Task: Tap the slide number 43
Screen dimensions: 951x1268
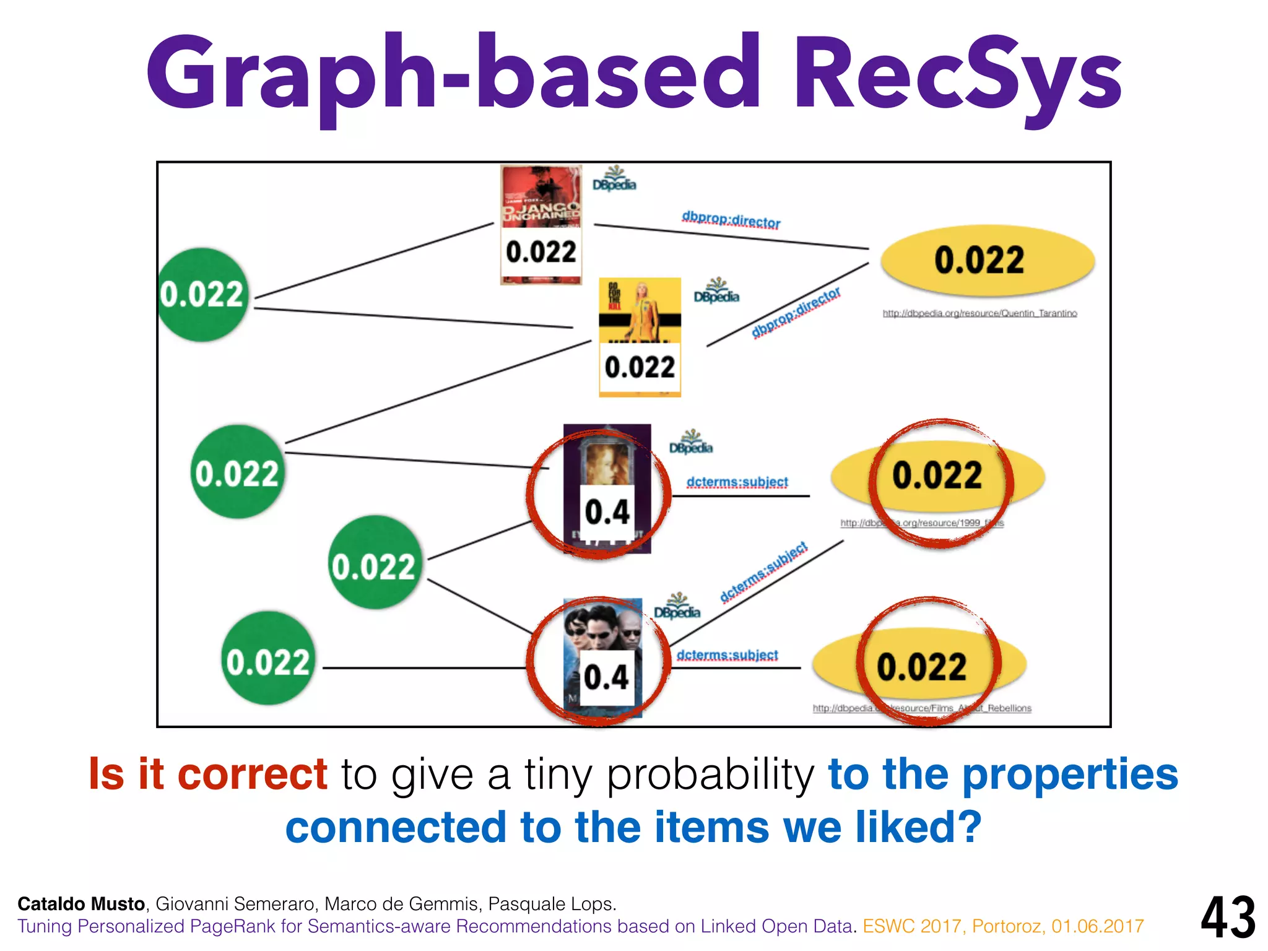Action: tap(1228, 917)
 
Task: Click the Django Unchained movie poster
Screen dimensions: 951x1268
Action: tap(541, 198)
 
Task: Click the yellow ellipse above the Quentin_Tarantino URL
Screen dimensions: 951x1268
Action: tap(988, 260)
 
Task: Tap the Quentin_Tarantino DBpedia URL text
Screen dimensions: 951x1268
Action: tap(979, 313)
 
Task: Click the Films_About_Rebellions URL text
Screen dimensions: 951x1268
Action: tap(922, 708)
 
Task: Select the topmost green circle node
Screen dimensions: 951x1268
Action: tap(202, 295)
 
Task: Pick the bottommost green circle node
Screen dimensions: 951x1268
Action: tap(267, 658)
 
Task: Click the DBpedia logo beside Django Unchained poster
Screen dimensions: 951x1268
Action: tap(614, 180)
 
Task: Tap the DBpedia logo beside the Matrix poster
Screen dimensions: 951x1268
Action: tap(677, 607)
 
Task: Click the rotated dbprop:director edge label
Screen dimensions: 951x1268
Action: tap(796, 312)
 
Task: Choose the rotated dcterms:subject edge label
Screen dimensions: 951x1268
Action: tap(764, 572)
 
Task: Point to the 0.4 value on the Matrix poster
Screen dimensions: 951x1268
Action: tap(606, 677)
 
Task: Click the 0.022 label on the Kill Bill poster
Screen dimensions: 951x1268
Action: tap(640, 368)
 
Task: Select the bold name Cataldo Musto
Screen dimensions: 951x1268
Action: tap(81, 904)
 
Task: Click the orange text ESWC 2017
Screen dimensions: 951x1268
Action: tap(913, 926)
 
